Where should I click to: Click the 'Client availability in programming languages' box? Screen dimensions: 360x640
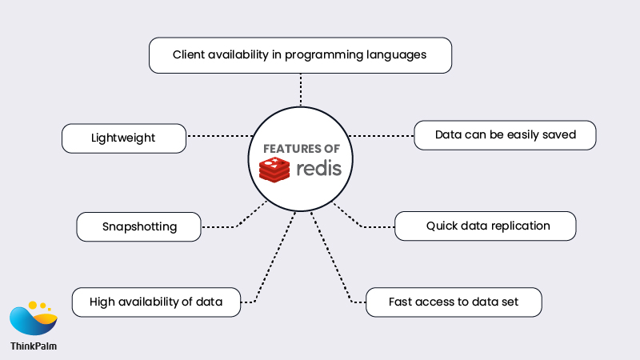tap(300, 56)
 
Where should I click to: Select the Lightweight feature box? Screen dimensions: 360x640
tap(124, 138)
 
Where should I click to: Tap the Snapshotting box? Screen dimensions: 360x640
tap(138, 226)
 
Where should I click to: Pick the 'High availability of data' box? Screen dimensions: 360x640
tap(156, 302)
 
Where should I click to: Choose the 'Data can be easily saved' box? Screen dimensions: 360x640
tap(505, 134)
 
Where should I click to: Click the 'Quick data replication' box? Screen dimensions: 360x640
tap(486, 226)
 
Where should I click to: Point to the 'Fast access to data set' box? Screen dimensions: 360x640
tap(454, 302)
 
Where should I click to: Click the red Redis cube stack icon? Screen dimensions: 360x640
tap(274, 170)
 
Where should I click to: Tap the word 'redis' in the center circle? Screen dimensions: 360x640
tap(318, 169)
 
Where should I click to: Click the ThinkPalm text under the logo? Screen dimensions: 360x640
tap(34, 346)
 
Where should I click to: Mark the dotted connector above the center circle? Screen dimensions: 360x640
tap(301, 90)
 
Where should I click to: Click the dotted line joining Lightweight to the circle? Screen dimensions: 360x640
tap(218, 137)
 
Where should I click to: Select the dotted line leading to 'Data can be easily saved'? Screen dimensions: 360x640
tap(381, 135)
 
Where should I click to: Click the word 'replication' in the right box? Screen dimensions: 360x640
tap(519, 226)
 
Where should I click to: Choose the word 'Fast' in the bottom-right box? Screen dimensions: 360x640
tap(402, 302)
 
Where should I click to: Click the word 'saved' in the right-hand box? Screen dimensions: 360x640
tap(559, 134)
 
